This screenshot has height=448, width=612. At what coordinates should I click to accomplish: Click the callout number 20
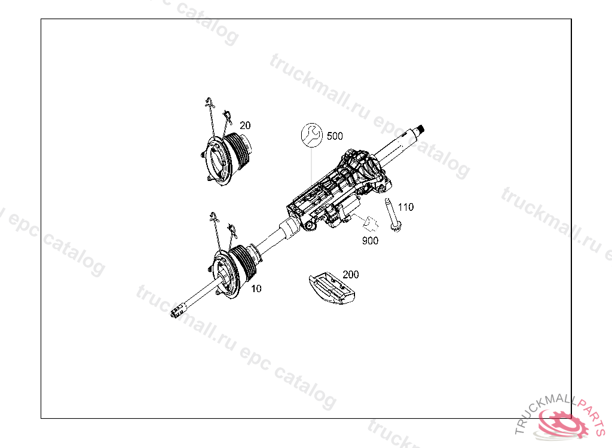point(245,125)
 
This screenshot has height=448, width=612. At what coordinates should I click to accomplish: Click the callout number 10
point(256,289)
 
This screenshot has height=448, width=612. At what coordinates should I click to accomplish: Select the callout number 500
point(335,136)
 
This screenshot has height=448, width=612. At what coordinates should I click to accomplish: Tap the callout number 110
point(406,207)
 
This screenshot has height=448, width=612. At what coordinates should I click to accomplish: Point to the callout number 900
point(370,241)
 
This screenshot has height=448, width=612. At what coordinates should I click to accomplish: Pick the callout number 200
point(350,274)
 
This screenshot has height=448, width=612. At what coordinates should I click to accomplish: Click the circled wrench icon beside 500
point(312,135)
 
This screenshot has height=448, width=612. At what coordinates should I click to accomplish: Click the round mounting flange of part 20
point(216,161)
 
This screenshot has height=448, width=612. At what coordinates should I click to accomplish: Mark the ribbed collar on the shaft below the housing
point(289,228)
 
